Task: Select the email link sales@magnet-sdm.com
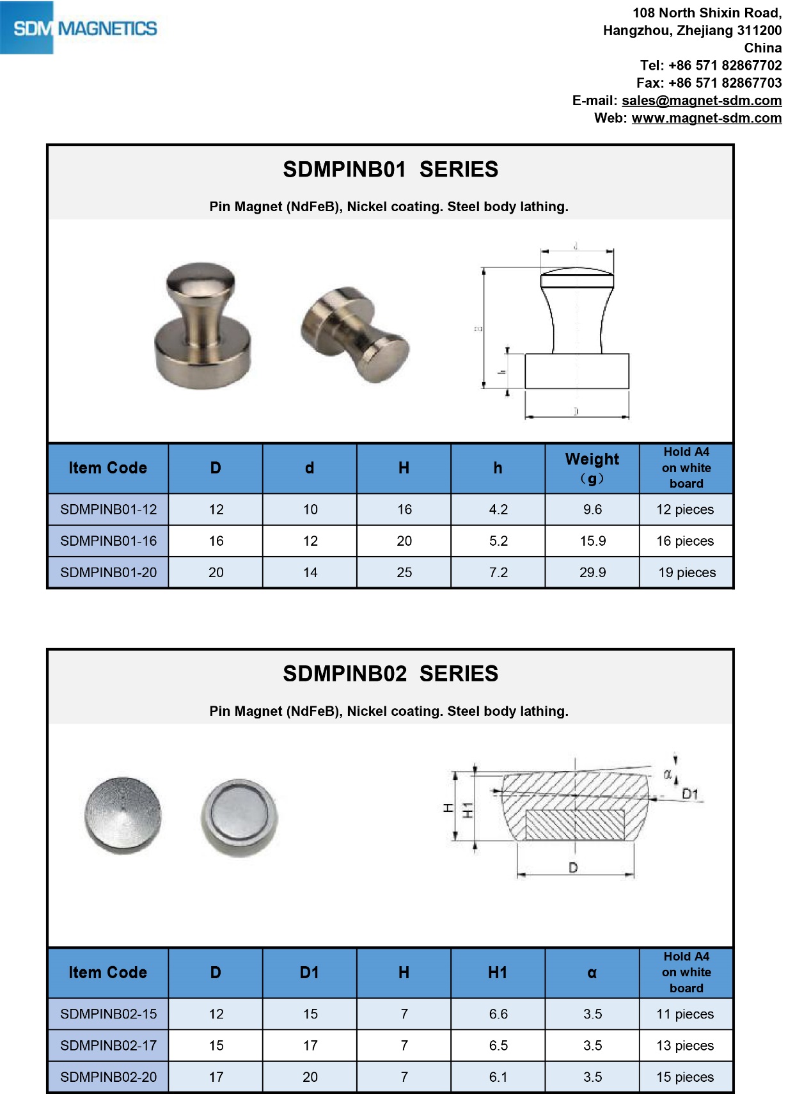pyautogui.click(x=701, y=100)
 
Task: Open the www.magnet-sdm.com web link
pyautogui.click(x=706, y=118)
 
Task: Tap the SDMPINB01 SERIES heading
pyautogui.click(x=390, y=170)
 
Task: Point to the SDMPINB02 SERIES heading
pyautogui.click(x=390, y=674)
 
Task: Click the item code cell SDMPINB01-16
pyautogui.click(x=108, y=541)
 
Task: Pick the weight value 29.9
pyautogui.click(x=592, y=573)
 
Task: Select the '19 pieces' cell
pyautogui.click(x=687, y=573)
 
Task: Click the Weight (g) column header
pyautogui.click(x=592, y=468)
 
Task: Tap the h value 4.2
pyautogui.click(x=498, y=510)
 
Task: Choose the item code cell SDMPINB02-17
pyautogui.click(x=108, y=1045)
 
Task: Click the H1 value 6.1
pyautogui.click(x=498, y=1077)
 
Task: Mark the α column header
pyautogui.click(x=592, y=973)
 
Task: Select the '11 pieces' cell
pyautogui.click(x=685, y=1014)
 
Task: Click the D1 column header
pyautogui.click(x=310, y=973)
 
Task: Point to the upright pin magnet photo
pyautogui.click(x=202, y=325)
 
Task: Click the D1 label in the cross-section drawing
pyautogui.click(x=689, y=794)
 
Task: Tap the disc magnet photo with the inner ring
pyautogui.click(x=239, y=817)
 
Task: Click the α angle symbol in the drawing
pyautogui.click(x=667, y=775)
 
